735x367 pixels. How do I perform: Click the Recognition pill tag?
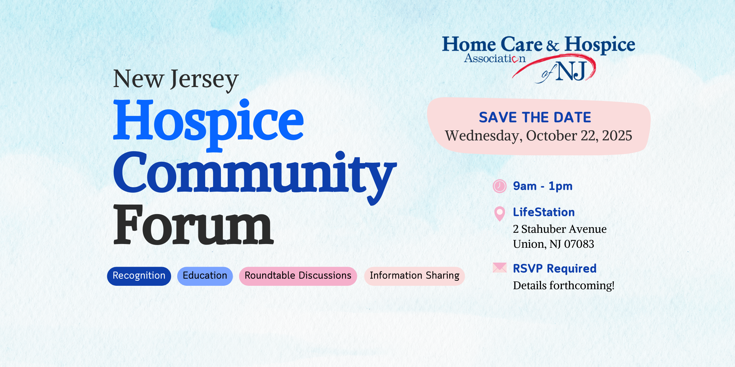(139, 276)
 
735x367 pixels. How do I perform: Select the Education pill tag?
(205, 276)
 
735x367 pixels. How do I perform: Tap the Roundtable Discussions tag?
(298, 276)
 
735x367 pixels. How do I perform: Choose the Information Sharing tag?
(414, 276)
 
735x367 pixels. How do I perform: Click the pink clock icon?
(500, 186)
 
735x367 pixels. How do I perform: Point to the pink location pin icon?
(500, 214)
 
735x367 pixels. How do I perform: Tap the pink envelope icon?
(500, 268)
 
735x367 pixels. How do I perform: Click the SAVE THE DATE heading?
(535, 118)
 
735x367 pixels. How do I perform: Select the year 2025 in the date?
(617, 136)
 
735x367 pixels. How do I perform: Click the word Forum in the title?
(193, 225)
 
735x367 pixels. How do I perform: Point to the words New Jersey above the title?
(176, 80)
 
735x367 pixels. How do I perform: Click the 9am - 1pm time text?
(543, 186)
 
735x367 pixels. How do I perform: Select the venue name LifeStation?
(544, 212)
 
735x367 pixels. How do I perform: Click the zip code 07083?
(579, 244)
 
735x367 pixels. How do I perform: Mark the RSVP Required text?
(555, 268)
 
